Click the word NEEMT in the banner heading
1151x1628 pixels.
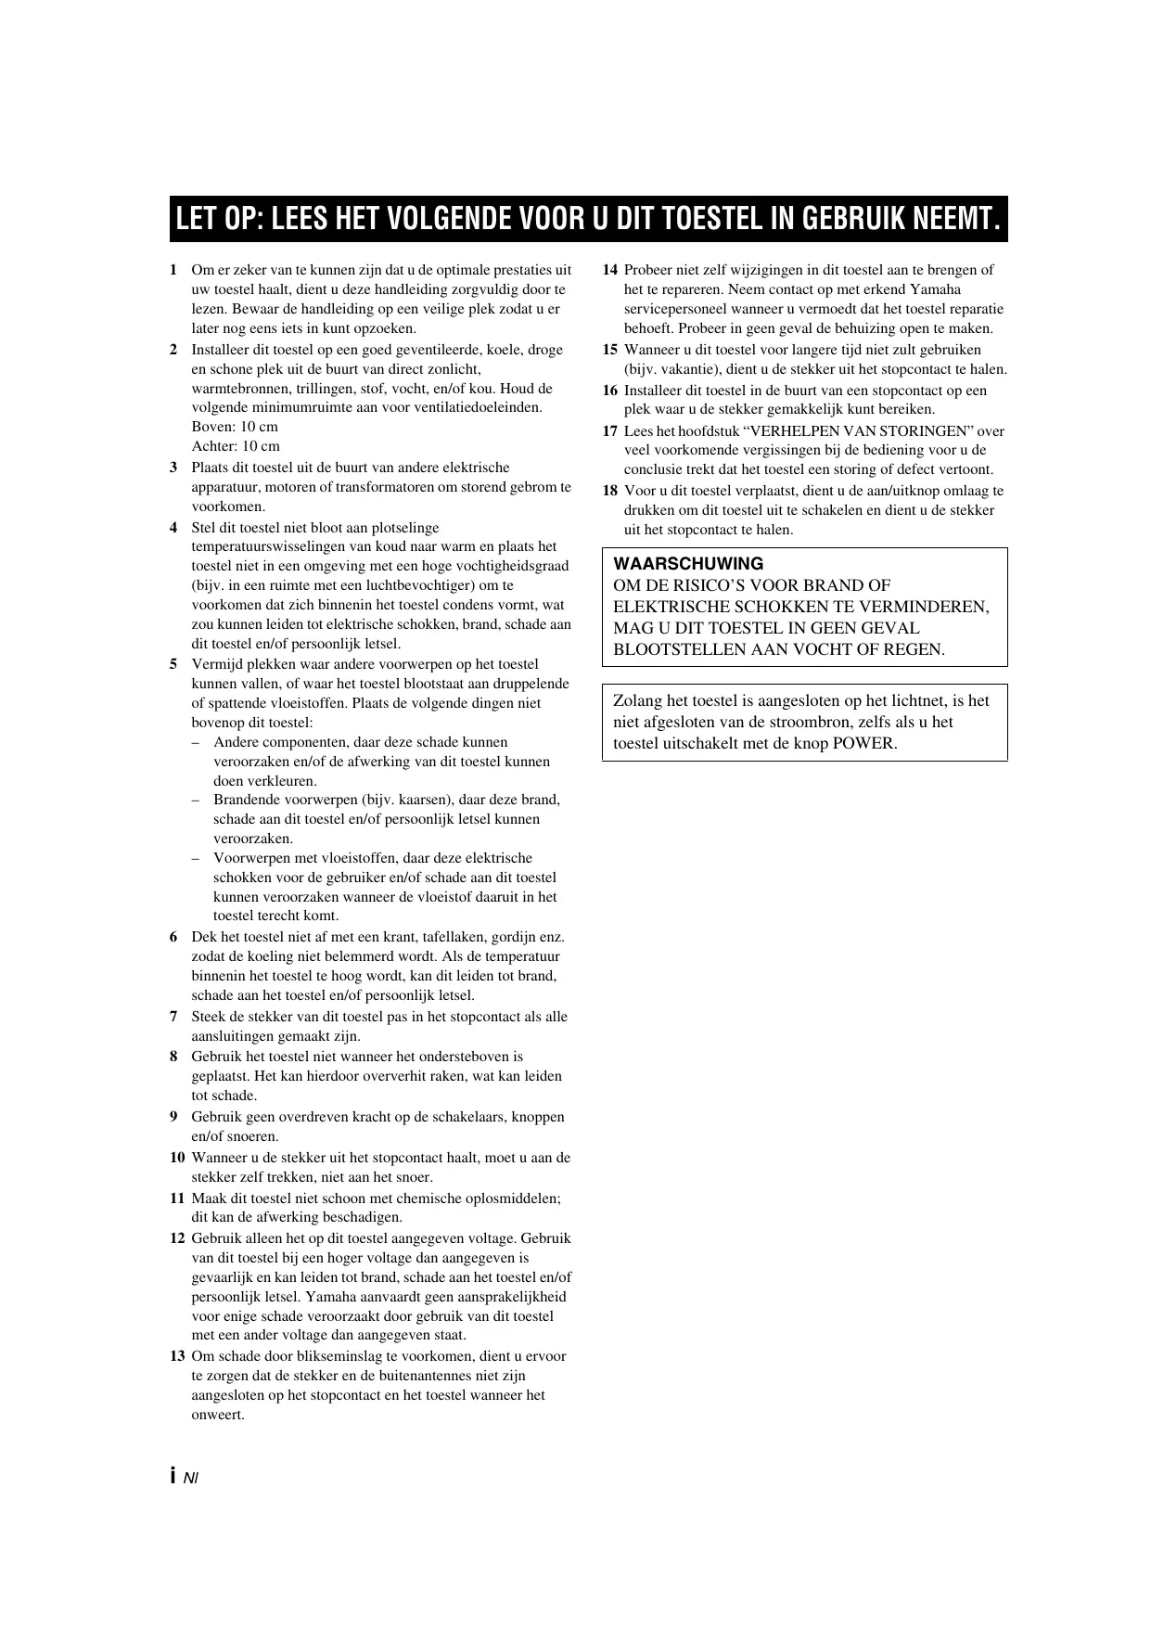[959, 219]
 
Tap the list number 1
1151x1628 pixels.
[173, 271]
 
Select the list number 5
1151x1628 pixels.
[173, 664]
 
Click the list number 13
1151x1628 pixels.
[177, 1356]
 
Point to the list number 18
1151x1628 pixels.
[609, 491]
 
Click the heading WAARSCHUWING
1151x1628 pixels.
[688, 564]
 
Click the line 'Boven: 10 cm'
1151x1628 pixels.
[235, 427]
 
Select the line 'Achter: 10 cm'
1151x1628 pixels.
[236, 446]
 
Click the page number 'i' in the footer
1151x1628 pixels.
[173, 1477]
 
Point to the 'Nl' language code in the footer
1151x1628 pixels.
[191, 1479]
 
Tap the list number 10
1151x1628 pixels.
[177, 1158]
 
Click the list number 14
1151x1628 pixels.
[609, 271]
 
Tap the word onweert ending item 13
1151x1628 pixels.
[217, 1415]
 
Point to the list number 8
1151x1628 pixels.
[173, 1057]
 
